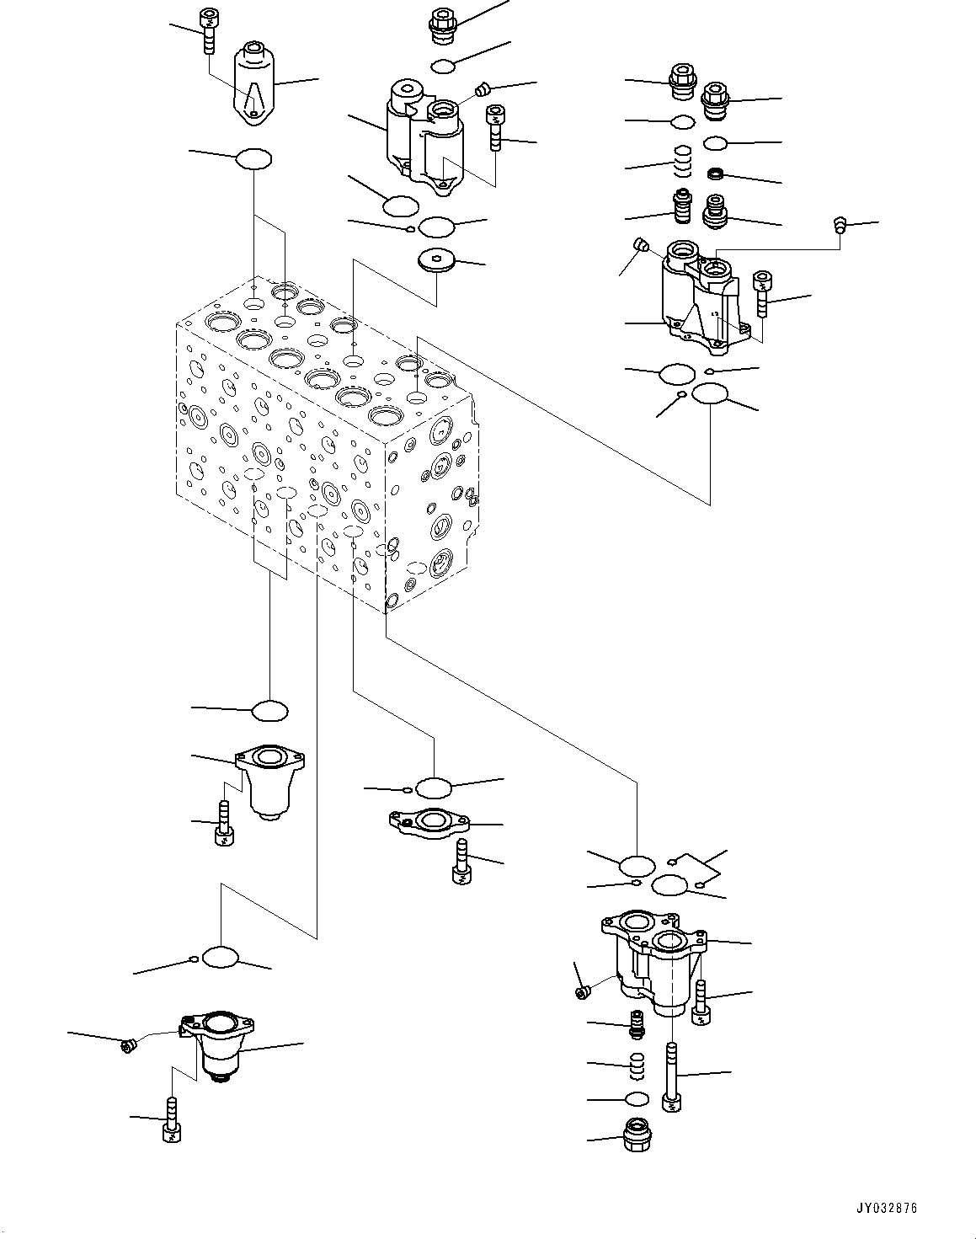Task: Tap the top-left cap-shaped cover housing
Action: click(x=253, y=83)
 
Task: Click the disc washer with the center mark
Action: click(x=438, y=261)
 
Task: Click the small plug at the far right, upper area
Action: click(x=839, y=225)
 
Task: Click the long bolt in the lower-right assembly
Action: click(x=672, y=1078)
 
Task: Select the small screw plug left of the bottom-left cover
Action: click(x=128, y=1045)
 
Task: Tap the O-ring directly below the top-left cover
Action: click(x=253, y=158)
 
